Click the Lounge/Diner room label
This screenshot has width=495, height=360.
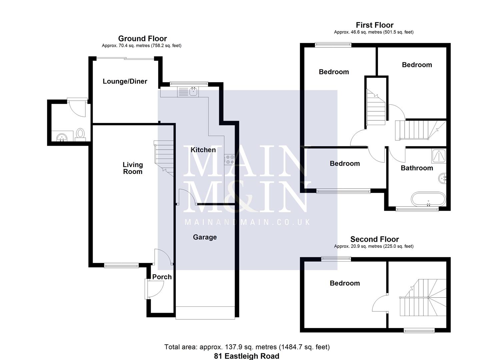(125, 81)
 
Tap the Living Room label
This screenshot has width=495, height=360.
(133, 168)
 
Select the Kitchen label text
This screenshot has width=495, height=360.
(203, 150)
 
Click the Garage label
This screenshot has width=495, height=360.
(205, 237)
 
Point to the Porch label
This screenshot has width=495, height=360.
(162, 277)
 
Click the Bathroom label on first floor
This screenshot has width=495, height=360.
(417, 168)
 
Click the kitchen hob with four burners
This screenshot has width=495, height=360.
(229, 159)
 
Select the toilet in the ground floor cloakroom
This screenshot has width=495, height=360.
(80, 134)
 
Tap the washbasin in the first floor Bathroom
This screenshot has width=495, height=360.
(443, 178)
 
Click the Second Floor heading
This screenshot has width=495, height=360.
(374, 239)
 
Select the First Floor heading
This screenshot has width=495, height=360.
(374, 25)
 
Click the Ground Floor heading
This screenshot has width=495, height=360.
(142, 39)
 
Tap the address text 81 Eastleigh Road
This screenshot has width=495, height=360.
(246, 356)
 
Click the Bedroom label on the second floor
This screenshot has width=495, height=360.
(345, 283)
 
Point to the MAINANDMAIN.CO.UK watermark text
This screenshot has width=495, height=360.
(247, 222)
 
